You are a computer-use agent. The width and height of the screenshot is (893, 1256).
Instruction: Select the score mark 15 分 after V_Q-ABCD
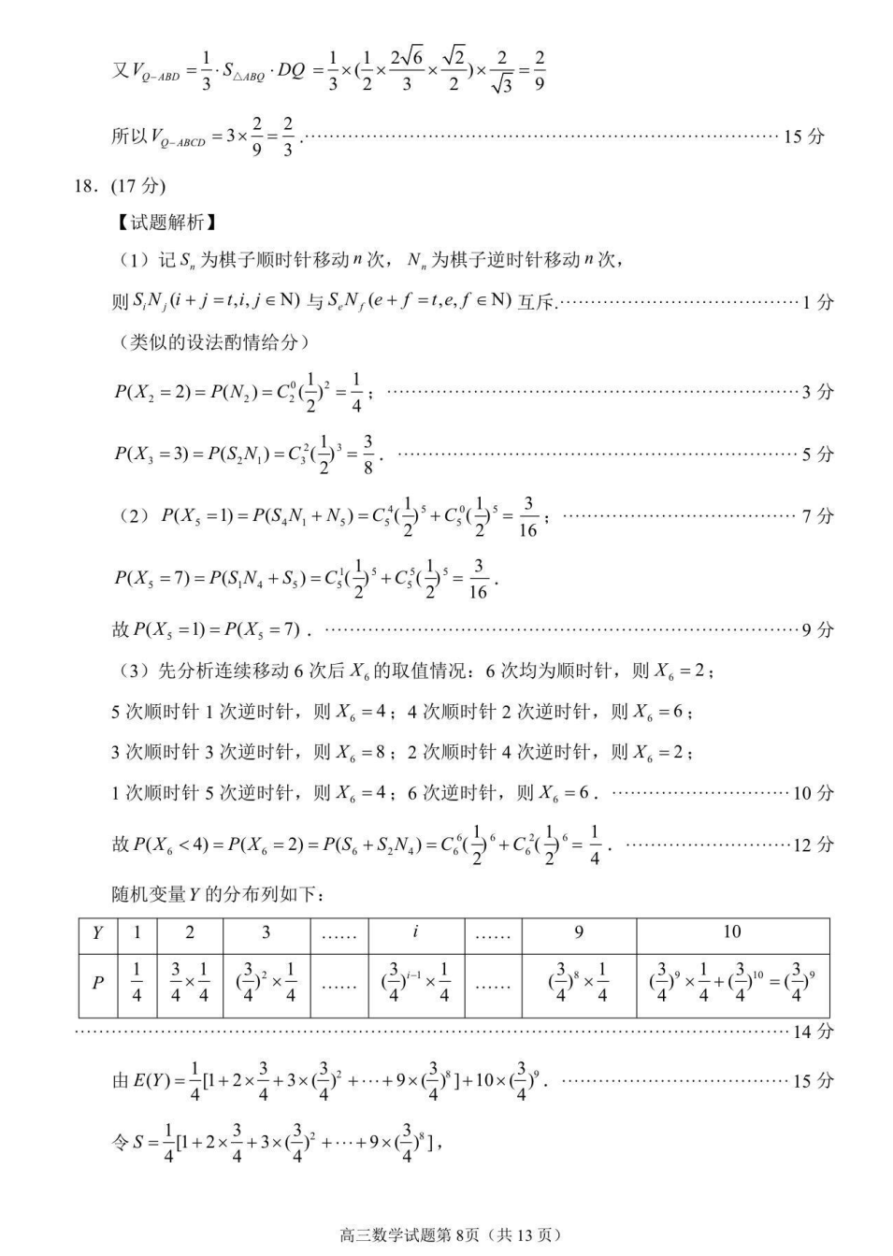[x=803, y=137]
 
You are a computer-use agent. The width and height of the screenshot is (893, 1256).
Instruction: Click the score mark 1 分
[x=817, y=302]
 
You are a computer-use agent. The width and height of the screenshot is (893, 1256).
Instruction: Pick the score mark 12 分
[x=813, y=845]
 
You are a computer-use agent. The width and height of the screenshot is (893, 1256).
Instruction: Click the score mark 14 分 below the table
[x=812, y=1032]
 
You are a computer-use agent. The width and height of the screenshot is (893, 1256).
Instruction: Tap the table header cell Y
[x=97, y=932]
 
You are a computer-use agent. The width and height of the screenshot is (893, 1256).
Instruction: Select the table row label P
[x=97, y=983]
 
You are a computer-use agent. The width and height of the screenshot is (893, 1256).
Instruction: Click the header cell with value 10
[x=732, y=932]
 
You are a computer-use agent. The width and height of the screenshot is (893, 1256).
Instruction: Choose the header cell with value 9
[x=579, y=932]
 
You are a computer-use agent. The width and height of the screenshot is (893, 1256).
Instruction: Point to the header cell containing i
[x=415, y=932]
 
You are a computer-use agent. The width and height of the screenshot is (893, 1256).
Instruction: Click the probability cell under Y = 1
[x=137, y=983]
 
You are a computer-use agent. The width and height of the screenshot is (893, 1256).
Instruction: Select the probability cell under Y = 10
[x=732, y=983]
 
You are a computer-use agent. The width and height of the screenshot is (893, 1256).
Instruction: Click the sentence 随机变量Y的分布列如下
[x=219, y=895]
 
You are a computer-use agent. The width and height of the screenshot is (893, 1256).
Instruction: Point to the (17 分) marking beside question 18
[x=138, y=186]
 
